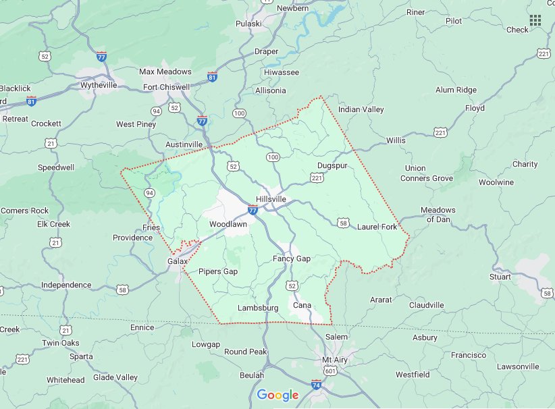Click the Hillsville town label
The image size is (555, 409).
coord(271,199)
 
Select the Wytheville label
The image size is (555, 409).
coord(99,85)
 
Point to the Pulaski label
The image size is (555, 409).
coord(248,24)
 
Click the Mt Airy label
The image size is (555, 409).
coord(335,360)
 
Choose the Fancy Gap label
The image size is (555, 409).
coord(292,258)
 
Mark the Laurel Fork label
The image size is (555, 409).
coord(377,227)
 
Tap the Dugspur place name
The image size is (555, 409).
coord(332,165)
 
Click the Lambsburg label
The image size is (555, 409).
coord(258,308)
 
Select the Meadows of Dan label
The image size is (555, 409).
coord(438,214)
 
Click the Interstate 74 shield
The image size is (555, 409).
coord(316,384)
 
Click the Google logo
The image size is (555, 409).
coord(277,395)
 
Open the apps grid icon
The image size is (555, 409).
coord(535,20)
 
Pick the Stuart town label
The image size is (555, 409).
coord(500,277)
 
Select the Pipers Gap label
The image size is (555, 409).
coord(218,271)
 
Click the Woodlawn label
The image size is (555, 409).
coord(228,223)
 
